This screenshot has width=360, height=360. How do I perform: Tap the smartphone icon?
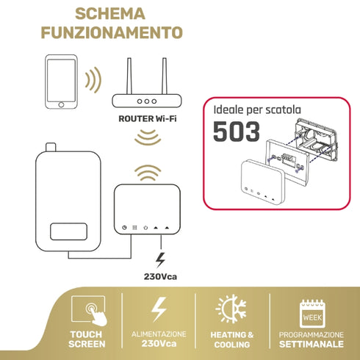[61, 80]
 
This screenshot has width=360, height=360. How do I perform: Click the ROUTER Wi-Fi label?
[148, 117]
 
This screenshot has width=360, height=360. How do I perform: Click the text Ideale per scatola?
[257, 109]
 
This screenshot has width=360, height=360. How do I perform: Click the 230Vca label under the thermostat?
[161, 278]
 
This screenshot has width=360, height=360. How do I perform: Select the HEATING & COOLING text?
[232, 339]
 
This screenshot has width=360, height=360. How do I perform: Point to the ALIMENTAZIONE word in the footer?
[159, 334]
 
